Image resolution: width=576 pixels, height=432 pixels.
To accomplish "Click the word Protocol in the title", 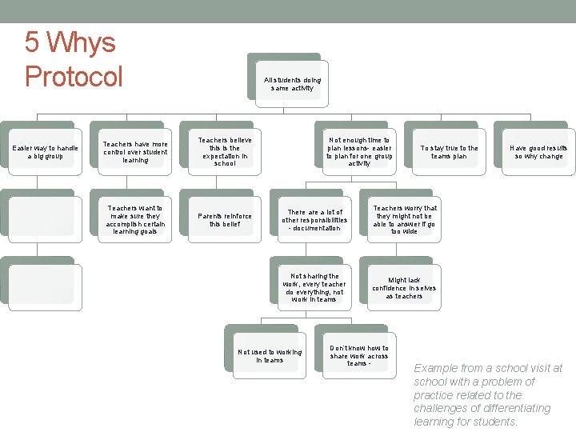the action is (x=74, y=77).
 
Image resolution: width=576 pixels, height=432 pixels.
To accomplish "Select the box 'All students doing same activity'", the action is (x=292, y=84).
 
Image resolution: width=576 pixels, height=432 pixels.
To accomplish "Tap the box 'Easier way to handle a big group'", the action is (x=45, y=152).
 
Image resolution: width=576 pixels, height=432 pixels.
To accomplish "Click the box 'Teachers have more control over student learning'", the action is (x=134, y=152).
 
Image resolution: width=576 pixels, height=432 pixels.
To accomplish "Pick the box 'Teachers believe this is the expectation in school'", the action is (x=225, y=152).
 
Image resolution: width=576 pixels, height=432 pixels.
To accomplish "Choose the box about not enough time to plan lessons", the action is (x=359, y=152).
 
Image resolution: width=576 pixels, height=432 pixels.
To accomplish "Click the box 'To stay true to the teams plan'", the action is (x=449, y=152).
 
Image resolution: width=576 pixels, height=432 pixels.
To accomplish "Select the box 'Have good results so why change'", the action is (x=538, y=152).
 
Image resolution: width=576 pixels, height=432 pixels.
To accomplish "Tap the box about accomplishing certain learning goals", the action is (x=134, y=220).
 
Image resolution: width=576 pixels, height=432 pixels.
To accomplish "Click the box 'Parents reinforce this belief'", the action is (x=225, y=220).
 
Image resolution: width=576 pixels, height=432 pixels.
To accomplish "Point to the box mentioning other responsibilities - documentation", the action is (x=314, y=220).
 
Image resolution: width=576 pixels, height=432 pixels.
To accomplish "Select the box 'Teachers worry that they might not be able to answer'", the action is (x=405, y=220).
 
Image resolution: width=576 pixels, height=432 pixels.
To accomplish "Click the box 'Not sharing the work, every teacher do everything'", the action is (x=314, y=288).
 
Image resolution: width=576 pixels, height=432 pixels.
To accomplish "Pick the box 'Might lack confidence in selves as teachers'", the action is (x=405, y=288).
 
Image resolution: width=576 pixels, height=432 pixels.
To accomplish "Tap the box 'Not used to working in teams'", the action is (x=270, y=356).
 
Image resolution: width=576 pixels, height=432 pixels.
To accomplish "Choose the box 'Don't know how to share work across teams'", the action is (x=359, y=356).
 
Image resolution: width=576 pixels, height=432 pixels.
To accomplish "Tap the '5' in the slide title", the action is (x=33, y=42).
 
